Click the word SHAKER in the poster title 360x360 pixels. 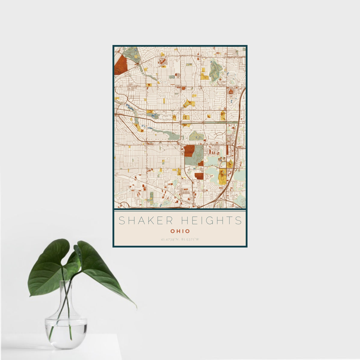tap(146, 221)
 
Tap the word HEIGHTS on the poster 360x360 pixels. tap(213, 221)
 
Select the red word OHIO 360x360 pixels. tap(180, 231)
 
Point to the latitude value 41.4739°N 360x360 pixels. tap(170, 240)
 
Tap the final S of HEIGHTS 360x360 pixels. tap(239, 221)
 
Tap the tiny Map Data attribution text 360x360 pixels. tap(240, 207)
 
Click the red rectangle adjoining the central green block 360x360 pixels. tap(189, 151)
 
